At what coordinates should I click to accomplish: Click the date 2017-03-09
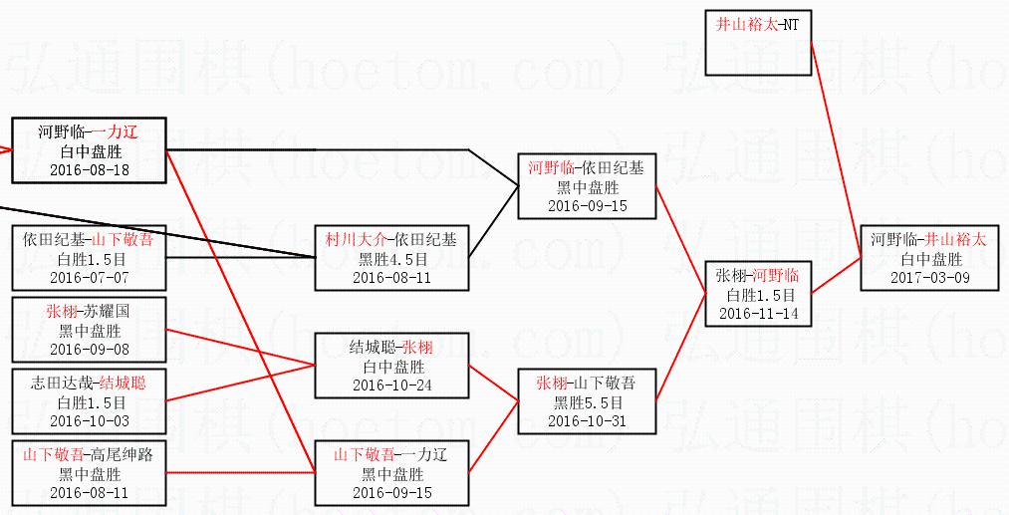click(929, 277)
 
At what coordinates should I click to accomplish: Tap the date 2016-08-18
click(89, 169)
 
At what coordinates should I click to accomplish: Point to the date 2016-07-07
click(89, 277)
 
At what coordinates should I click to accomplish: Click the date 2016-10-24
click(390, 385)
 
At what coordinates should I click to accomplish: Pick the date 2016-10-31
click(586, 420)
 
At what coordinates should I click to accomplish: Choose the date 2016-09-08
click(89, 349)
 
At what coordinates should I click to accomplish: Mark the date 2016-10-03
click(89, 420)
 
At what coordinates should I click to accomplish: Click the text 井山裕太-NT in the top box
click(757, 24)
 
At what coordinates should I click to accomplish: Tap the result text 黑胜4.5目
click(390, 259)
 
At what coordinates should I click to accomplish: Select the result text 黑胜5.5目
click(586, 402)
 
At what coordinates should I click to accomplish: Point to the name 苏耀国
click(109, 312)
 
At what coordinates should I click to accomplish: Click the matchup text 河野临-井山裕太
click(929, 240)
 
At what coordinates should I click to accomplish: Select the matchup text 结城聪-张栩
click(390, 348)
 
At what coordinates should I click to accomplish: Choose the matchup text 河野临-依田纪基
click(586, 168)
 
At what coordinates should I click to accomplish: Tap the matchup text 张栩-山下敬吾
click(586, 384)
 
